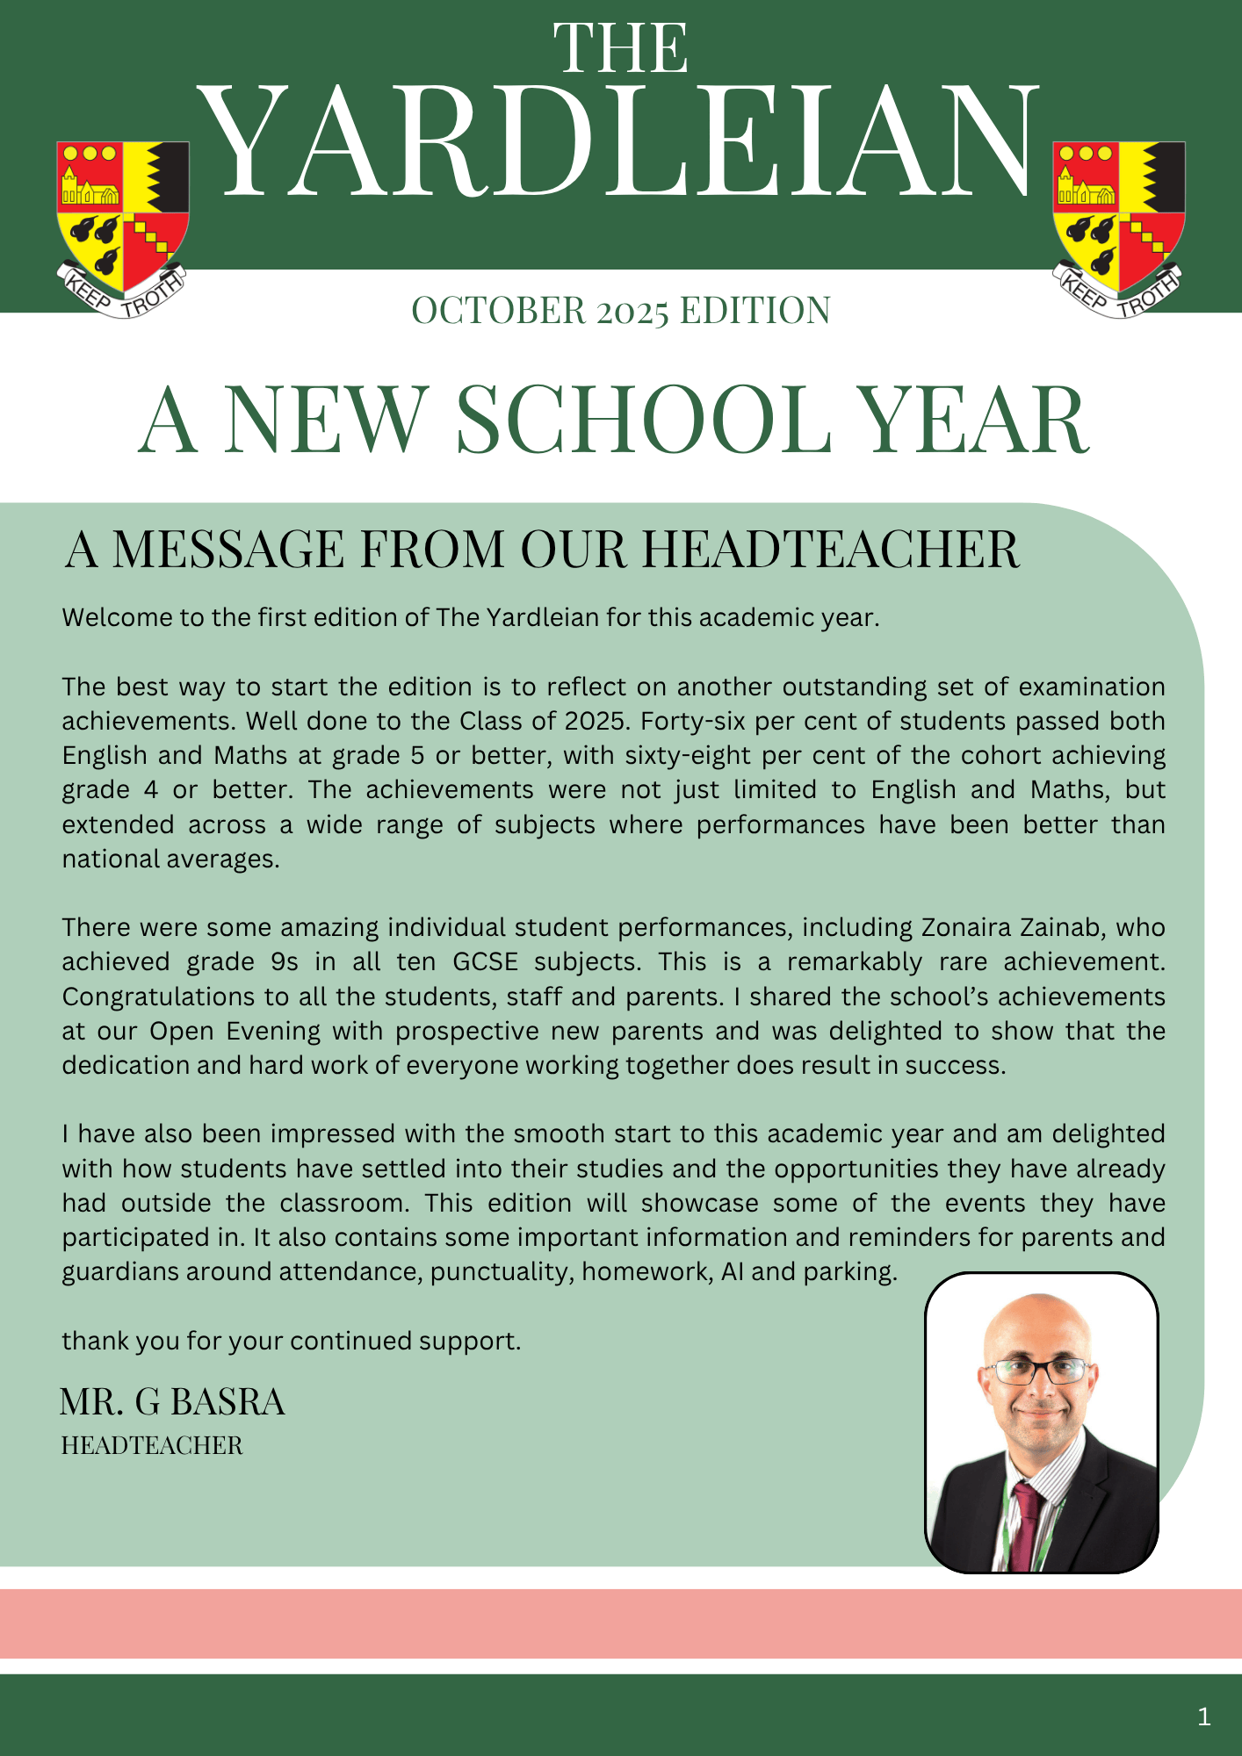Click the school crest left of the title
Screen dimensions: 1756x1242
click(x=122, y=223)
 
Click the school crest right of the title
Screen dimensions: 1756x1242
click(x=1118, y=223)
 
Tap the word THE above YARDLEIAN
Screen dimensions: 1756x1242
click(x=621, y=48)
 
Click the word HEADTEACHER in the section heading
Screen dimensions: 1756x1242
click(x=831, y=550)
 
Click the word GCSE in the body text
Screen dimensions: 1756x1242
click(x=486, y=961)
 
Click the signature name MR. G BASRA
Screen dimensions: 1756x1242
click(x=172, y=1402)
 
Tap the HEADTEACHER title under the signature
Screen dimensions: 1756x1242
click(x=152, y=1446)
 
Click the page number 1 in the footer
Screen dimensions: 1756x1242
click(x=1203, y=1716)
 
